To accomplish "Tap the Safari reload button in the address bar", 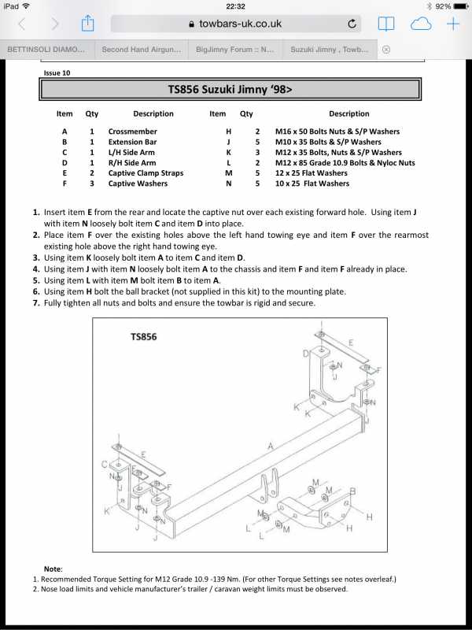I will click(352, 24).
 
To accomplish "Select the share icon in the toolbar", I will click(87, 24).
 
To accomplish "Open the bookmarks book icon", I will click(386, 24).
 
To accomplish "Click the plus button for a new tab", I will click(453, 24).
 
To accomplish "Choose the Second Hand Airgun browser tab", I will click(142, 49).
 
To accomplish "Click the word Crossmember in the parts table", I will click(132, 132).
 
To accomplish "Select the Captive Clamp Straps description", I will click(146, 173).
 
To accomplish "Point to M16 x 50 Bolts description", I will click(337, 132).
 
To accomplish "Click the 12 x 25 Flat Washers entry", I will click(311, 173).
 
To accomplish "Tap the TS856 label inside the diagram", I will click(143, 337).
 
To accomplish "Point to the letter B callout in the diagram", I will click(352, 491).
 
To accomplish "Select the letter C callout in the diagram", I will click(104, 465).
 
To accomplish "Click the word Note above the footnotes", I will click(53, 569).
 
